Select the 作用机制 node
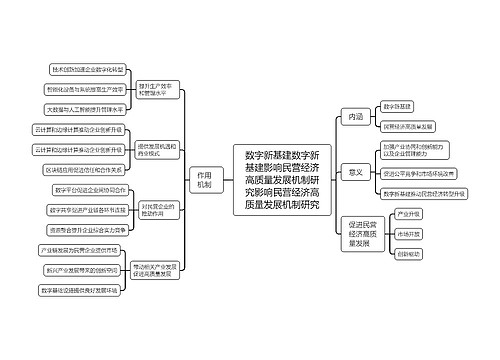pyautogui.click(x=205, y=180)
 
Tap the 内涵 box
pyautogui.click(x=354, y=117)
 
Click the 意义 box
pyautogui.click(x=354, y=172)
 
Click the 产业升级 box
pyautogui.click(x=407, y=213)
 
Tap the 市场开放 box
pyautogui.click(x=407, y=233)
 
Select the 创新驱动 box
pyautogui.click(x=407, y=254)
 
